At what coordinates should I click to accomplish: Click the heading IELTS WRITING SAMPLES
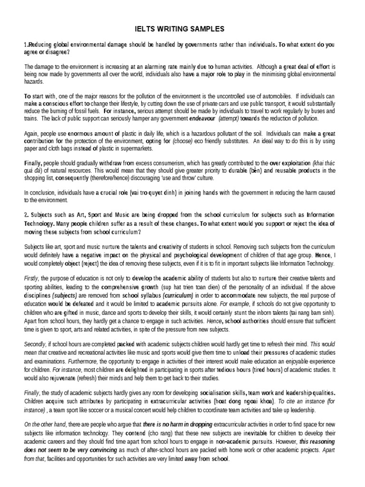[x=182, y=29]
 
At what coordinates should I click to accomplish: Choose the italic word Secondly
[x=35, y=344]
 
